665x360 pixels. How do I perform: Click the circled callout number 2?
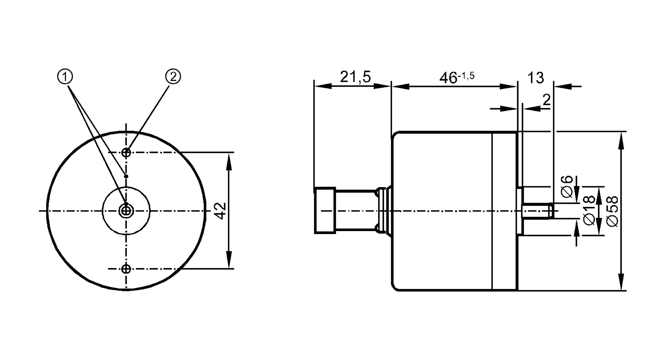(x=173, y=77)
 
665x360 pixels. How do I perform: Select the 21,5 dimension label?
(x=355, y=77)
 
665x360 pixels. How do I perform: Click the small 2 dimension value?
(x=546, y=100)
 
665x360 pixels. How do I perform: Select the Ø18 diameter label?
(x=589, y=210)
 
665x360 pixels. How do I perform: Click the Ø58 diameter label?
(x=612, y=211)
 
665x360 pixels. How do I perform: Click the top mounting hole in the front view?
(x=126, y=153)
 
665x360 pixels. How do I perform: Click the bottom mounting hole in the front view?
(x=126, y=269)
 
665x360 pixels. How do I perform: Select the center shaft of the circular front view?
(x=126, y=210)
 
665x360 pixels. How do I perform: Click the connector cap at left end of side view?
(x=325, y=211)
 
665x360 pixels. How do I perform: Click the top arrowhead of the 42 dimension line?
(x=229, y=161)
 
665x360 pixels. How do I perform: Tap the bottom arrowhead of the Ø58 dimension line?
(x=621, y=283)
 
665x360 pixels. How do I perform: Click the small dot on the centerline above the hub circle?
(x=126, y=176)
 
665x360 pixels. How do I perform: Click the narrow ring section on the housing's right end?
(x=504, y=211)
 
